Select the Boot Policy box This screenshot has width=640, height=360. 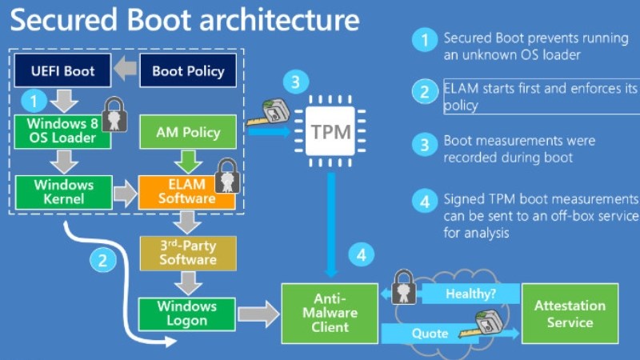pyautogui.click(x=188, y=71)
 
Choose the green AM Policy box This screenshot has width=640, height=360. pyautogui.click(x=188, y=131)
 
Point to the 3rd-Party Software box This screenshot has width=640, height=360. pyautogui.click(x=188, y=252)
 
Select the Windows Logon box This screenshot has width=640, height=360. pyautogui.click(x=187, y=314)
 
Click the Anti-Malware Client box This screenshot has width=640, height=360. pyautogui.click(x=330, y=313)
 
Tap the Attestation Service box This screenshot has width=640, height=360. pyautogui.click(x=570, y=314)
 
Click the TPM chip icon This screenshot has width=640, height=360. pyautogui.click(x=330, y=130)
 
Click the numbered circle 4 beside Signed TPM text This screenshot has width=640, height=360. pyautogui.click(x=424, y=200)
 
